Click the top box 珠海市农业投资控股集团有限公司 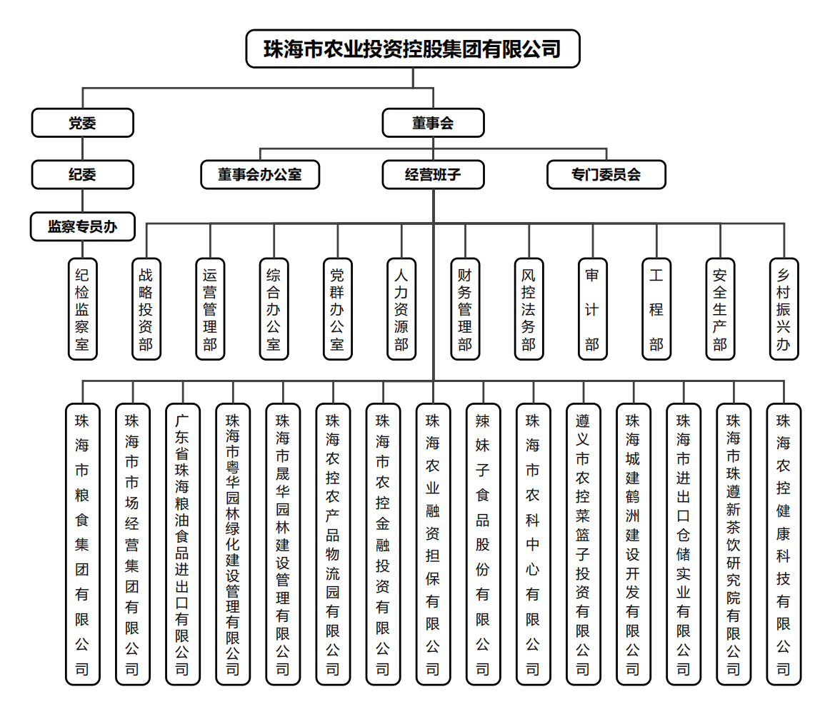coord(412,49)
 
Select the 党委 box coord(82,123)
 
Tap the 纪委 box coord(82,174)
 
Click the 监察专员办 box coord(82,226)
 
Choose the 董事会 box coord(433,123)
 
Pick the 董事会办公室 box coord(260,174)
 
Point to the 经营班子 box coord(433,174)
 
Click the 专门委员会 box coord(606,174)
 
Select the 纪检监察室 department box coord(82,308)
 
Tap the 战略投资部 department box coord(146,308)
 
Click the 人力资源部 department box coord(401,308)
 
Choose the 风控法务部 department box coord(529,308)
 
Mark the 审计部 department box coord(592,308)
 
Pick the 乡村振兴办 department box coord(784,308)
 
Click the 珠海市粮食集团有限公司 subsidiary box coord(82,544)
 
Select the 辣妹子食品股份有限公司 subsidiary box coord(483,544)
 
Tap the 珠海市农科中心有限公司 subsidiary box coord(533,544)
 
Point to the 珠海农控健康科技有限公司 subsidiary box coord(784,544)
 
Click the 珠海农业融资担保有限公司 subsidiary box coord(433,544)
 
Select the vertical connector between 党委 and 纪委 coord(82,149)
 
